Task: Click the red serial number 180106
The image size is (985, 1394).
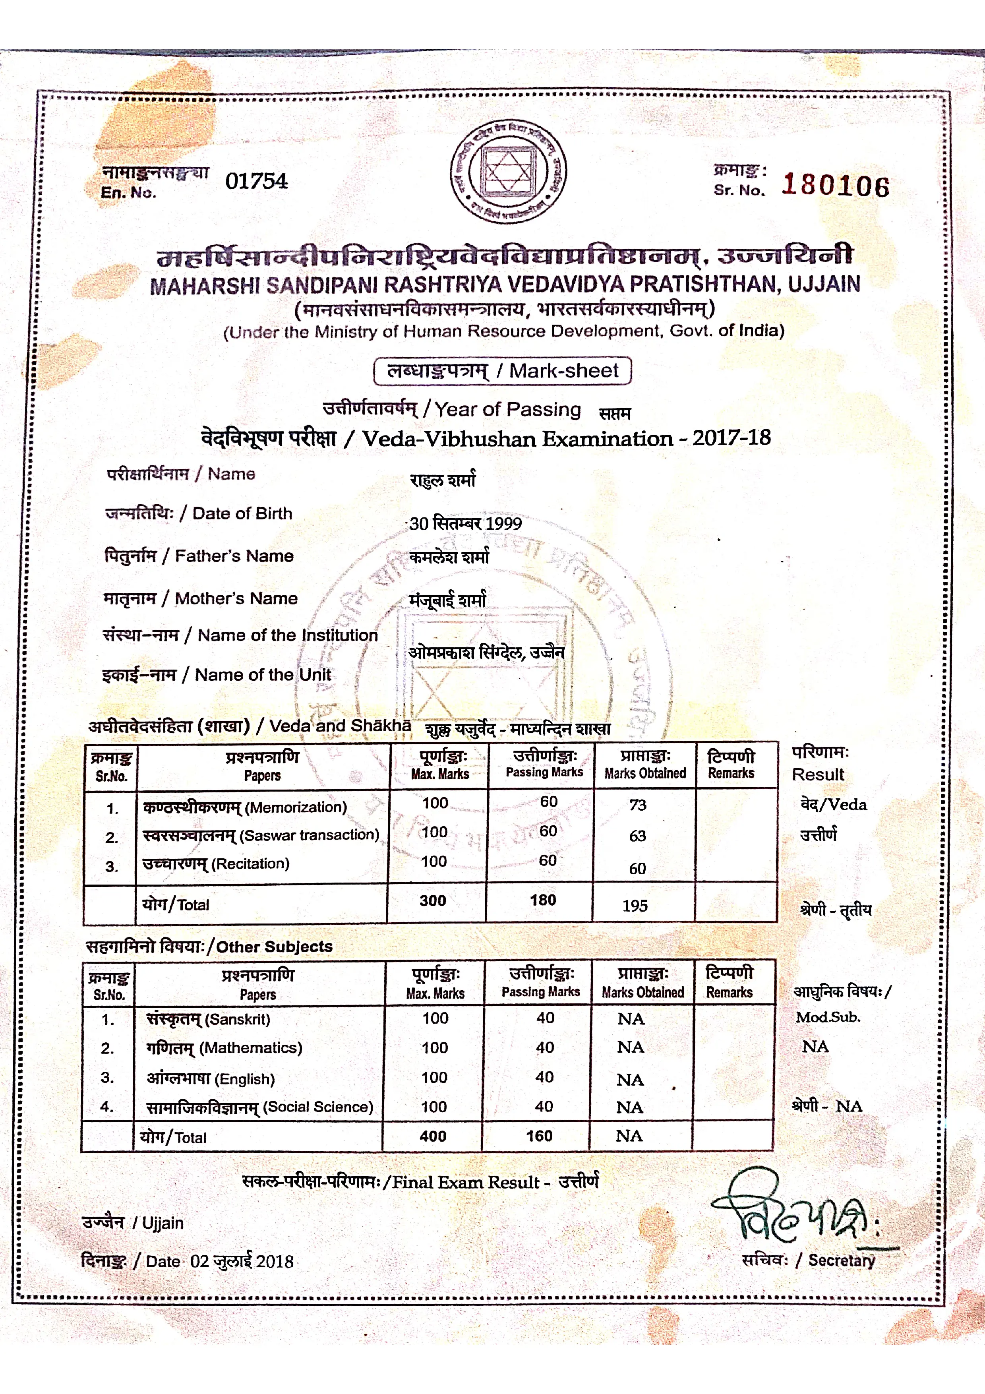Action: click(x=835, y=185)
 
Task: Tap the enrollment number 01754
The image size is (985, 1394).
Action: click(x=256, y=181)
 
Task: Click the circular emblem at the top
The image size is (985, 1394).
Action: click(x=509, y=171)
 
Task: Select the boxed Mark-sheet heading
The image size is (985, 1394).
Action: click(x=503, y=370)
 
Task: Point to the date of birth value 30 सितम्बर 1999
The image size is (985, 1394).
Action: click(x=466, y=523)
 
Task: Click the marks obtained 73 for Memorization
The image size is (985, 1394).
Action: click(x=637, y=805)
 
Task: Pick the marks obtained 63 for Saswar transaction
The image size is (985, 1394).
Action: click(x=637, y=836)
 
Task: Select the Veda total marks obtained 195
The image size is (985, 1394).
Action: click(x=635, y=906)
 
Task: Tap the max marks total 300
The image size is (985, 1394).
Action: click(x=433, y=900)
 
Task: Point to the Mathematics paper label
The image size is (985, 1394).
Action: click(x=224, y=1047)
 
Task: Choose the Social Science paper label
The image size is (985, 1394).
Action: click(x=260, y=1107)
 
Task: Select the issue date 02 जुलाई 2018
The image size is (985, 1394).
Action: click(x=242, y=1262)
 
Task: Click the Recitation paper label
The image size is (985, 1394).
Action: click(x=215, y=864)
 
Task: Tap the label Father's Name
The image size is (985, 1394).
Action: click(x=234, y=556)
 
